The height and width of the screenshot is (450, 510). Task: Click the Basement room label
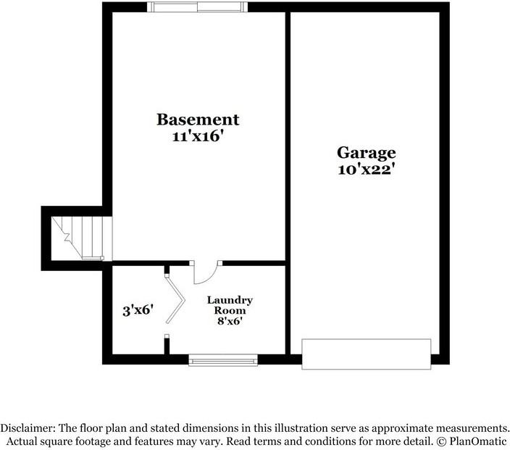tap(198, 119)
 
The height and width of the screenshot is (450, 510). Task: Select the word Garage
tap(367, 153)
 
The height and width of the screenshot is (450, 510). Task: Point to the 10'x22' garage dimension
tap(367, 170)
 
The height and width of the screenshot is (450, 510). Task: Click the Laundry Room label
tap(230, 304)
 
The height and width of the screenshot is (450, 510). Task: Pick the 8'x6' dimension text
tap(230, 320)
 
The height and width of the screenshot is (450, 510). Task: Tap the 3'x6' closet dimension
tap(137, 311)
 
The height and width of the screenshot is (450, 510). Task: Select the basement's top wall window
tap(198, 7)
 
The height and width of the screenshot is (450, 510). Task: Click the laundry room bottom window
tap(223, 359)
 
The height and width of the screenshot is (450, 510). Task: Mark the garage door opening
tap(367, 353)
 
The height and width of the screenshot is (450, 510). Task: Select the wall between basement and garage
tap(288, 181)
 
